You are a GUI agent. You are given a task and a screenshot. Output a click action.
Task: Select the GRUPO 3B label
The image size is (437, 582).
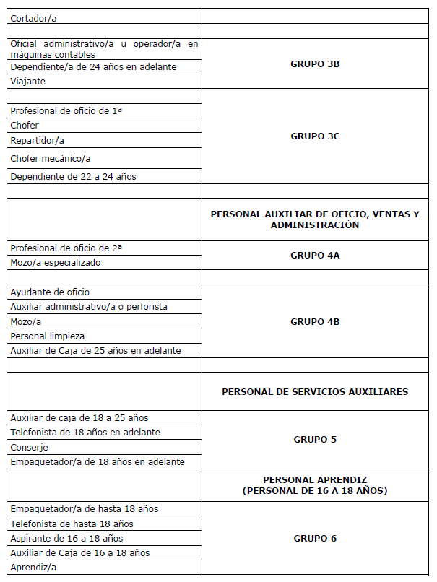tap(315, 64)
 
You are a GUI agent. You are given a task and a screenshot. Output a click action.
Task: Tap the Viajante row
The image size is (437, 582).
tap(28, 82)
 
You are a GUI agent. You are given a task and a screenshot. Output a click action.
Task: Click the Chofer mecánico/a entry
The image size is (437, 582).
tap(51, 158)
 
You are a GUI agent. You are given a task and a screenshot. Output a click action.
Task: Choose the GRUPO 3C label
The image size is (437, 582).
tap(315, 136)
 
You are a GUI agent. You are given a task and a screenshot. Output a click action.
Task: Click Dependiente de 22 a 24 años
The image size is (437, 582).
tap(73, 177)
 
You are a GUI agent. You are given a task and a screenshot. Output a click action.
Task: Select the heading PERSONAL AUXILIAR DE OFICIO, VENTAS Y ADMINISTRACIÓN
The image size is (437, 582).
tap(315, 220)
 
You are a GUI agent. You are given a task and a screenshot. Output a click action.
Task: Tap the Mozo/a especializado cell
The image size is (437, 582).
tap(56, 263)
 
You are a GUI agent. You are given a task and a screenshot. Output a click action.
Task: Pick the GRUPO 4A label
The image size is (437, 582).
tap(315, 256)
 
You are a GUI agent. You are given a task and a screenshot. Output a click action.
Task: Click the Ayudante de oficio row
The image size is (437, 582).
tap(50, 292)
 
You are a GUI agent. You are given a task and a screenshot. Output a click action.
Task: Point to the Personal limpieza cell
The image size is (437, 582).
tap(47, 336)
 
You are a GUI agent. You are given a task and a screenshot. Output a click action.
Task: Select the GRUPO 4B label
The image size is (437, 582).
tap(315, 322)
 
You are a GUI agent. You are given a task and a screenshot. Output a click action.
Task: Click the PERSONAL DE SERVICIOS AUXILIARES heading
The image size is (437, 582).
tap(315, 392)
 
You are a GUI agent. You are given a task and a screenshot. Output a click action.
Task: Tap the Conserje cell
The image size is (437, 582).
tap(29, 448)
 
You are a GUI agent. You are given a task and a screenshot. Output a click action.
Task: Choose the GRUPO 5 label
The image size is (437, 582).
tap(315, 440)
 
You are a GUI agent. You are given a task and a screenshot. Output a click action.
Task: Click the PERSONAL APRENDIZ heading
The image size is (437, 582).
tap(315, 485)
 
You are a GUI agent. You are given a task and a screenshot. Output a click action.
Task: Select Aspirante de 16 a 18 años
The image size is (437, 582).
tap(66, 539)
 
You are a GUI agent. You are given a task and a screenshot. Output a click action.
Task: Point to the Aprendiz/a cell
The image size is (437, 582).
tap(33, 568)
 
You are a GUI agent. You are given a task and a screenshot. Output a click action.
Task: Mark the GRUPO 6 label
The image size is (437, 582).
tap(315, 539)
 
